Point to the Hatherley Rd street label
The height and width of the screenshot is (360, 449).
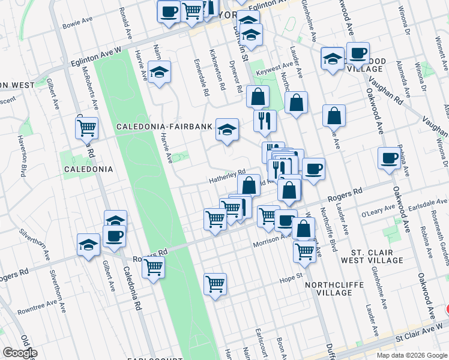(x=227, y=175)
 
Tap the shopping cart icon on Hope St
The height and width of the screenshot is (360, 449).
(x=215, y=283)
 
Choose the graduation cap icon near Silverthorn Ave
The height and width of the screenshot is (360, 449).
(x=88, y=244)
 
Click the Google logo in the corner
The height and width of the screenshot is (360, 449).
(x=20, y=353)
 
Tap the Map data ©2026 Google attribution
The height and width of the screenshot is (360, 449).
(x=412, y=355)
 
